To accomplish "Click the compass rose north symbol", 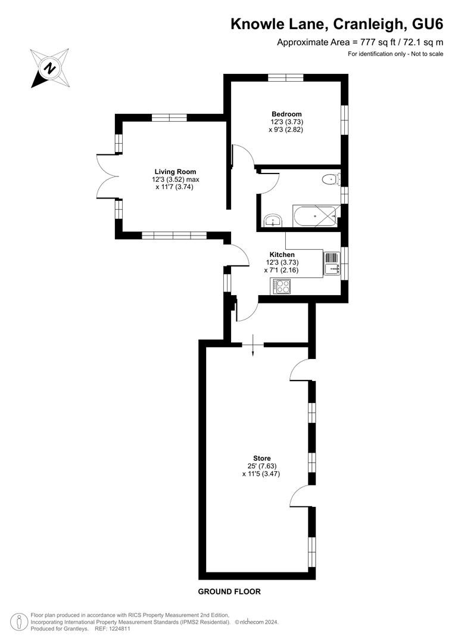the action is tap(49, 68).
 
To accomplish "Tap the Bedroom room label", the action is tap(286, 114).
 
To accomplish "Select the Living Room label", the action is tap(175, 172).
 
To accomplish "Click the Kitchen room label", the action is tap(282, 255).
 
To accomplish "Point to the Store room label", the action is tap(262, 459).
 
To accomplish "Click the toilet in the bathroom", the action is tap(331, 179).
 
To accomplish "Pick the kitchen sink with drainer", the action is tap(332, 264).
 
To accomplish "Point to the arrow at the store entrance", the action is tap(253, 345).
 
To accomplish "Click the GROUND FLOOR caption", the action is tap(229, 592).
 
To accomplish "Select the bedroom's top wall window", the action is tap(286, 77).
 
